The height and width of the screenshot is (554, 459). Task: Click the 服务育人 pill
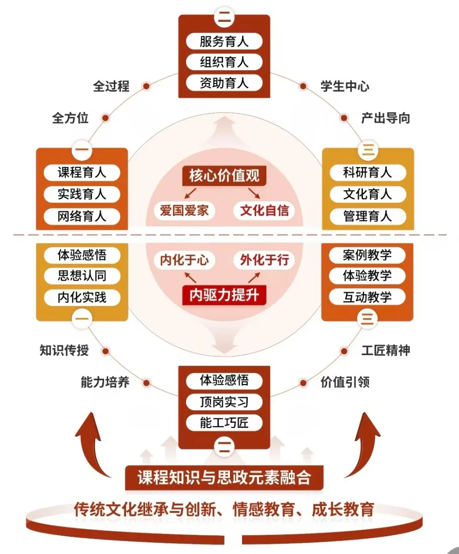224,41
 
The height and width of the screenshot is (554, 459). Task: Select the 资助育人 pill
224,83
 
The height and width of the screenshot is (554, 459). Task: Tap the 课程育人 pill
82,173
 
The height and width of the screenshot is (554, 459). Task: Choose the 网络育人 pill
82,216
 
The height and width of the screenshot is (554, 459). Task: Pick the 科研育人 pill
368,173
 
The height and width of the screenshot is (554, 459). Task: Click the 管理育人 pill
368,216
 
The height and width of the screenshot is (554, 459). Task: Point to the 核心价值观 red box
224,176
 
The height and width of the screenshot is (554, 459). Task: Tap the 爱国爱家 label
185,210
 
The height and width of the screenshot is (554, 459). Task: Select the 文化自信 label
264,210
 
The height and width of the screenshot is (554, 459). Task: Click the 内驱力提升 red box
224,295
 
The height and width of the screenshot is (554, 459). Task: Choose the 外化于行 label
264,260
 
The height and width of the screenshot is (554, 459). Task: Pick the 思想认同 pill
82,276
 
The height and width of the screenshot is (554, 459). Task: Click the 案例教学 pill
367,255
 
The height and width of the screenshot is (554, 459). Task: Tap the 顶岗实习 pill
224,402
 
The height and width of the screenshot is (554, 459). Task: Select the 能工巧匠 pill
224,422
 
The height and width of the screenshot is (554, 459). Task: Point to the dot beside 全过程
146,86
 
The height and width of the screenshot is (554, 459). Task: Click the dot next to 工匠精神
344,351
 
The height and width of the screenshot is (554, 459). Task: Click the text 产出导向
386,118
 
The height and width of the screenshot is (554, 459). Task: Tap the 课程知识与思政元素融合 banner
224,478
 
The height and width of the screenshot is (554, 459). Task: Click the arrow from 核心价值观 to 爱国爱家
190,193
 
